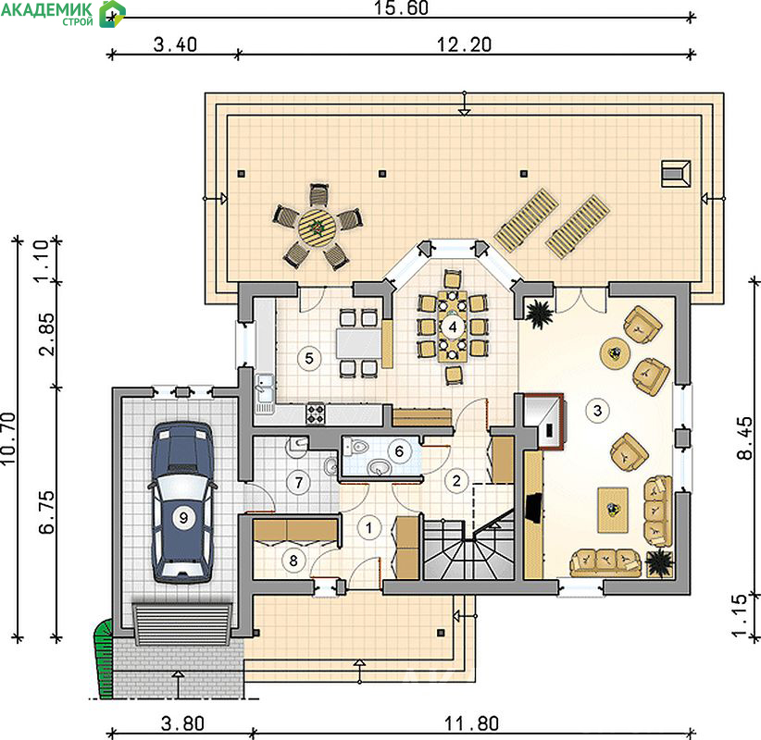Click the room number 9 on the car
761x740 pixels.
tap(183, 517)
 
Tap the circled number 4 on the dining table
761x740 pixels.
tap(453, 327)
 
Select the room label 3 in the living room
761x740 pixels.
tap(597, 411)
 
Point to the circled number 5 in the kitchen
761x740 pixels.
tap(309, 358)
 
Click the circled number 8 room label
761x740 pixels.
tap(293, 561)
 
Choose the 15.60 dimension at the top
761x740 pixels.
tap(401, 7)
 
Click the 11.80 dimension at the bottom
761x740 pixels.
tap(471, 724)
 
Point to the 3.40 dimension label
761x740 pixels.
tap(175, 44)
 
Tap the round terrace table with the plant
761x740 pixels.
tap(317, 227)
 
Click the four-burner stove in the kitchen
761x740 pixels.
tap(315, 414)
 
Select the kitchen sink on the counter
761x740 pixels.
tap(265, 391)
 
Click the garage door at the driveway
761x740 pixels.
tap(182, 624)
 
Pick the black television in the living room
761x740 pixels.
tap(534, 508)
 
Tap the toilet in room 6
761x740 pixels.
tap(356, 446)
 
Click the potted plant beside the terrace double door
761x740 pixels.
tap(539, 314)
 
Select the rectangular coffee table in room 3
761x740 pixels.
tap(613, 511)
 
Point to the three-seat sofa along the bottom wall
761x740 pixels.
tap(605, 562)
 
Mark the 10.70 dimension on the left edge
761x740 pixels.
tap(8, 438)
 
